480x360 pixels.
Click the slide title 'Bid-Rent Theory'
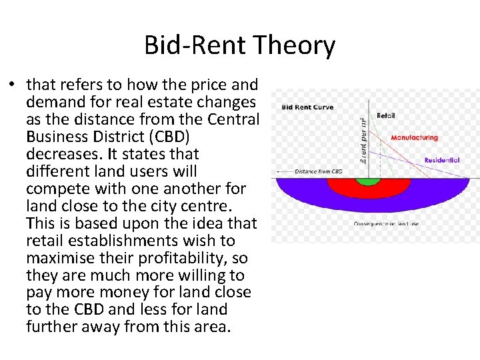pos(239,45)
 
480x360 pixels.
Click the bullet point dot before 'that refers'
pos(12,85)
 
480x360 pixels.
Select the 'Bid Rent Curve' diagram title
pos(307,107)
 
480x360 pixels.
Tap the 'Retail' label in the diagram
pos(386,115)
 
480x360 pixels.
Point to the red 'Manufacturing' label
pos(414,138)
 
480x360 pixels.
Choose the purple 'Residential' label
pos(441,161)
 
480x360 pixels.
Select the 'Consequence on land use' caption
pos(386,223)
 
